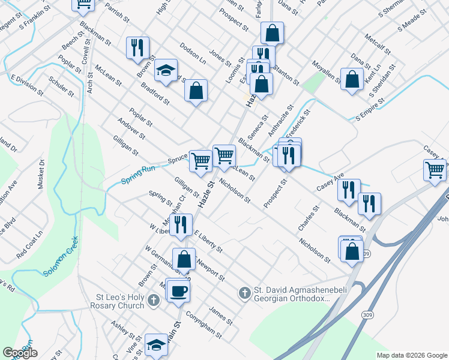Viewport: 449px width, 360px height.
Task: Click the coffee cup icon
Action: pyautogui.click(x=178, y=292)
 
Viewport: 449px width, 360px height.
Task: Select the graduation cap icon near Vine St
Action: pyautogui.click(x=156, y=346)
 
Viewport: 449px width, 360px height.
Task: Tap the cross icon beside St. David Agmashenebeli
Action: pyautogui.click(x=244, y=293)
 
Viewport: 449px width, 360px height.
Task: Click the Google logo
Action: pyautogui.click(x=20, y=353)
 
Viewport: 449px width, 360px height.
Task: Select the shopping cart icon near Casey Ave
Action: pyautogui.click(x=435, y=170)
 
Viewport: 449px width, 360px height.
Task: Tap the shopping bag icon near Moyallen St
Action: pyautogui.click(x=352, y=79)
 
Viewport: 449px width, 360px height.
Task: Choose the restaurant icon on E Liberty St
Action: pyautogui.click(x=181, y=224)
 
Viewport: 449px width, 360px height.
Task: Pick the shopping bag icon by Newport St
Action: pyautogui.click(x=184, y=260)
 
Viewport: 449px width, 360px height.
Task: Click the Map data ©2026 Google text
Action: pyautogui.click(x=411, y=355)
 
